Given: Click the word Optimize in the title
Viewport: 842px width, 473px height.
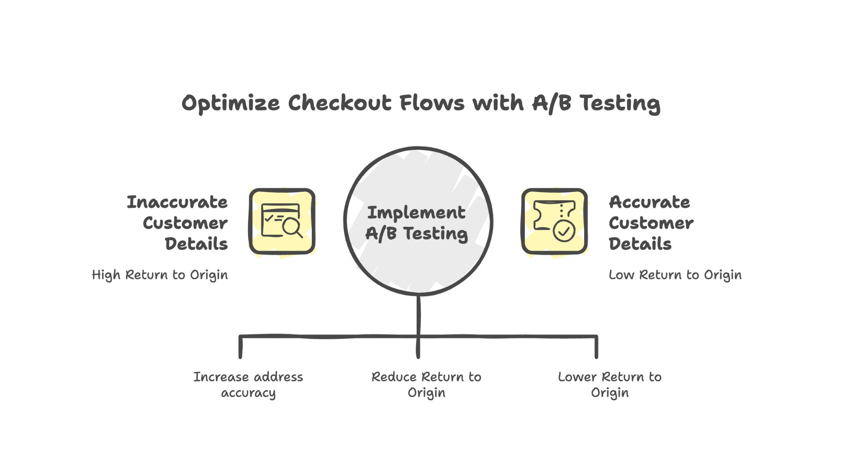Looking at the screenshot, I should click(231, 104).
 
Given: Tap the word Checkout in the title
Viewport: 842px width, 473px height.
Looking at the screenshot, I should click(339, 103).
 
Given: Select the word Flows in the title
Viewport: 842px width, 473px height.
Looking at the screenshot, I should click(432, 103).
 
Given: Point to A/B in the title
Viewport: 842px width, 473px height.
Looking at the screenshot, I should click(551, 103).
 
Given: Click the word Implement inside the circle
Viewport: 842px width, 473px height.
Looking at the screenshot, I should click(416, 213).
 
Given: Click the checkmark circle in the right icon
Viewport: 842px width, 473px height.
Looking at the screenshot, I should click(564, 230).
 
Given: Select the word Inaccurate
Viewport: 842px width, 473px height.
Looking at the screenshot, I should click(177, 202).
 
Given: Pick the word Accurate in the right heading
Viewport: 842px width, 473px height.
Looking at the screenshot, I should click(649, 202).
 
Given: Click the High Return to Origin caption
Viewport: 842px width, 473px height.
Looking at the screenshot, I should click(160, 275).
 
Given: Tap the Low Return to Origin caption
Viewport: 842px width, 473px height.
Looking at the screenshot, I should click(675, 275).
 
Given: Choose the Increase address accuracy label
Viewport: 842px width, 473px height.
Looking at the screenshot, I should click(248, 385).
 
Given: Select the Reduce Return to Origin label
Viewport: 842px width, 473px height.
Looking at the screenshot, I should click(426, 385).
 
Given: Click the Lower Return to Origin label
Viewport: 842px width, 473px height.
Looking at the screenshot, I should click(610, 385).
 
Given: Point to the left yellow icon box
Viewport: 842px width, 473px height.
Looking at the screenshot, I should click(282, 222).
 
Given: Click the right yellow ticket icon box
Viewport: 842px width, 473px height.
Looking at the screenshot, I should click(554, 222).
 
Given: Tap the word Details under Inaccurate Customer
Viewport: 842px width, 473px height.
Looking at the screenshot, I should click(196, 244).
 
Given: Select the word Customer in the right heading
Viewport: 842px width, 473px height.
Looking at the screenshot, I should click(651, 223).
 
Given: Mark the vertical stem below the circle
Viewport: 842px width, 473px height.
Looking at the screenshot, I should click(418, 315).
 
